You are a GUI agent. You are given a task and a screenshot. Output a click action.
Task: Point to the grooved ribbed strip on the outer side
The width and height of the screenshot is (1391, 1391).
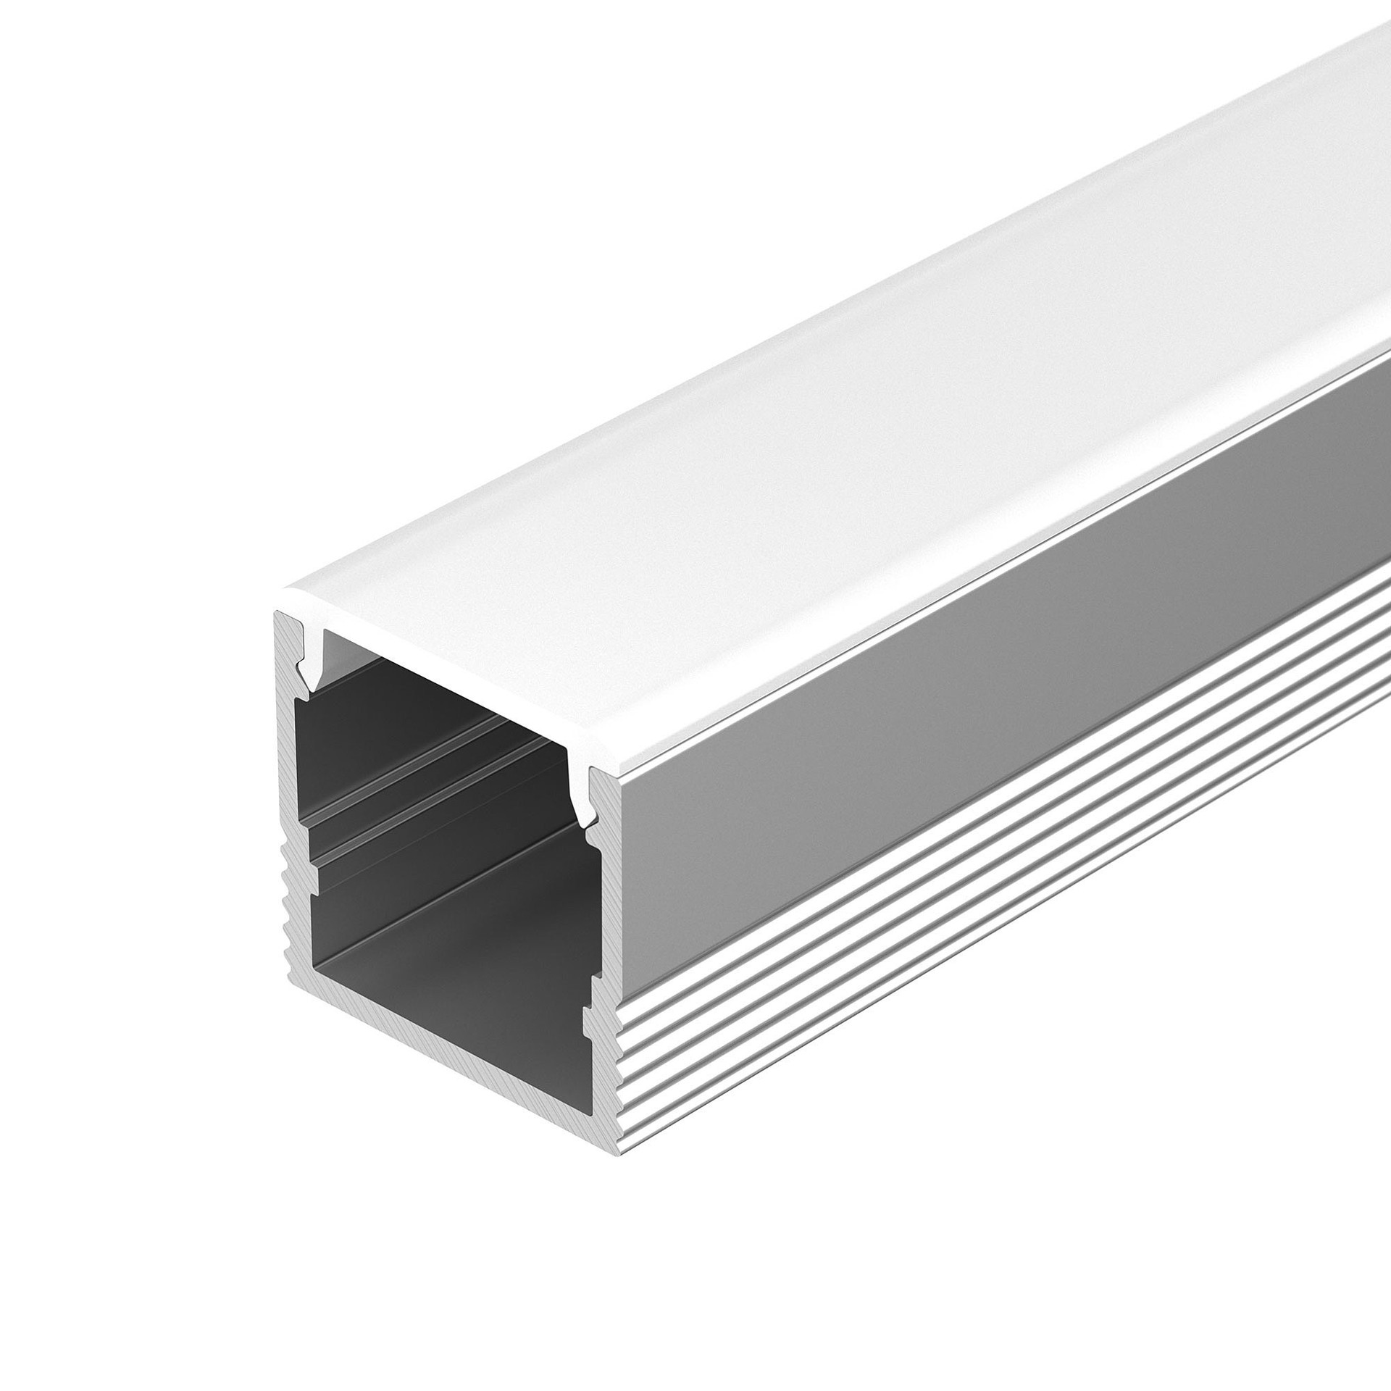(x=942, y=906)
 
